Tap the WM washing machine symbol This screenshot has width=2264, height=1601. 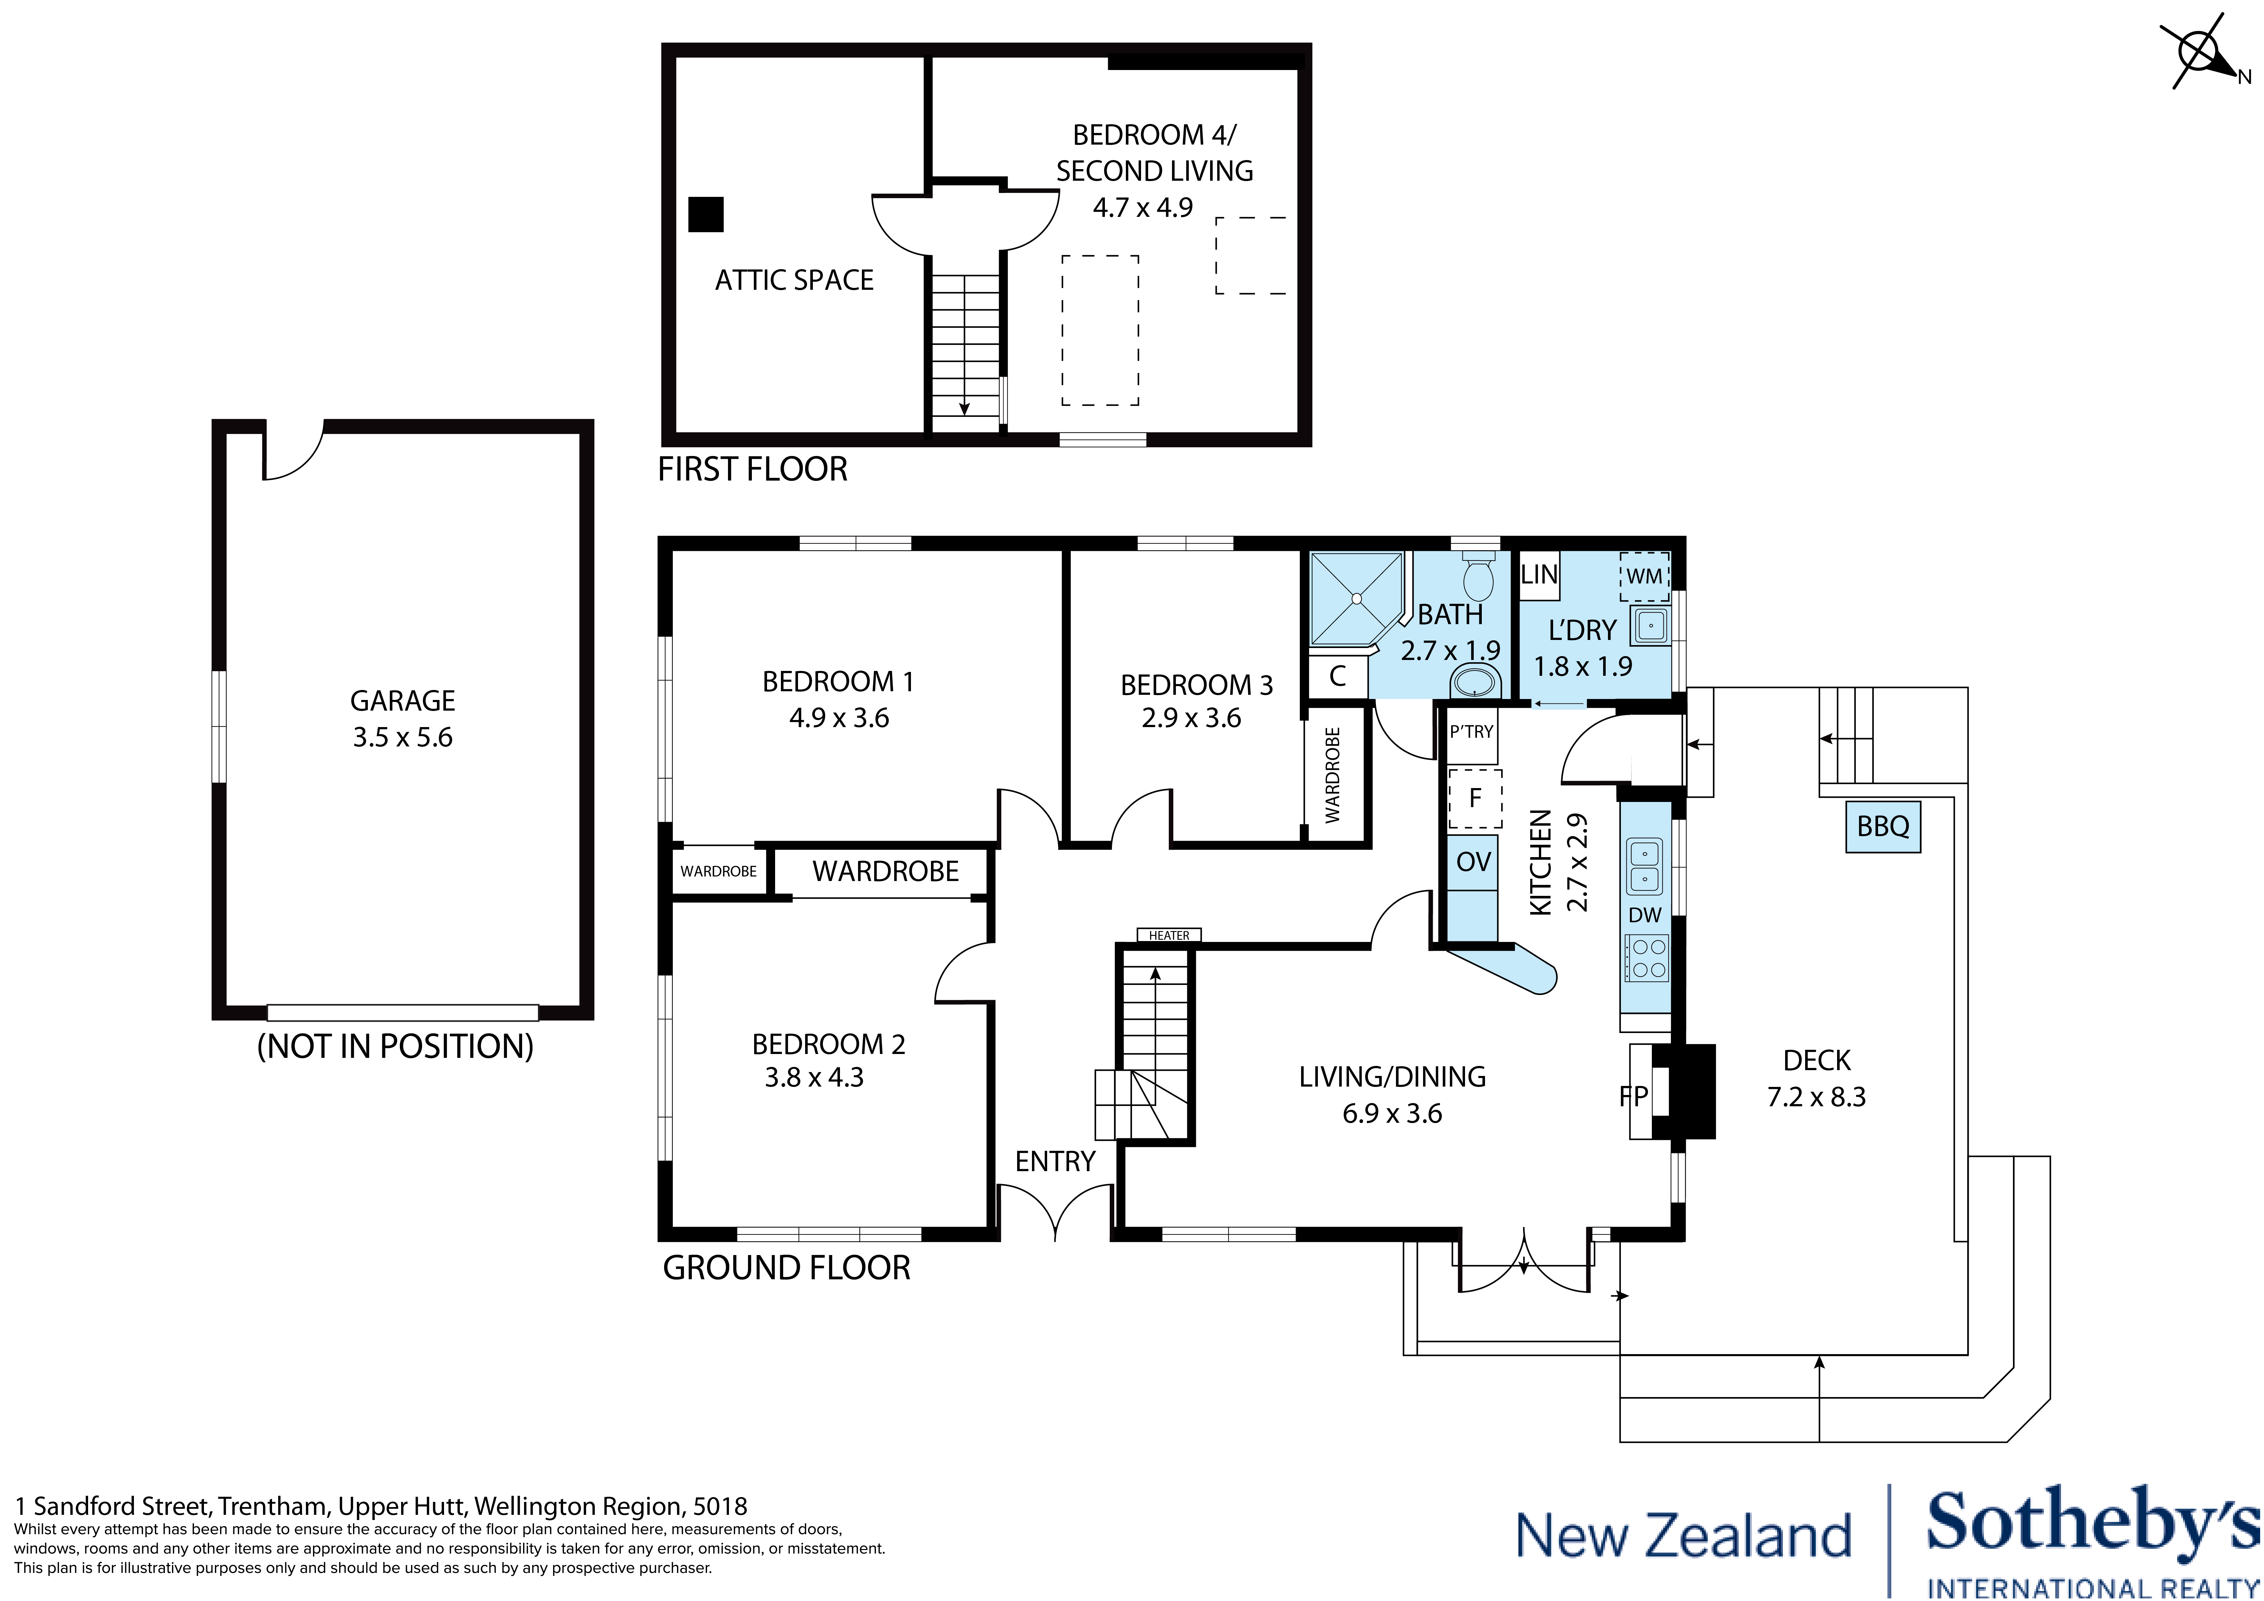[1644, 576]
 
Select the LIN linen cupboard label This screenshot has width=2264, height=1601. [1538, 574]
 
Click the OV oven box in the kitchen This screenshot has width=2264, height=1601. [1472, 861]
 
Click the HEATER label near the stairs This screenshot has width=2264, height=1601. [1168, 935]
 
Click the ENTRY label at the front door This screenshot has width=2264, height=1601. [1055, 1161]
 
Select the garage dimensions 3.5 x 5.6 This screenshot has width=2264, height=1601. [402, 737]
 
